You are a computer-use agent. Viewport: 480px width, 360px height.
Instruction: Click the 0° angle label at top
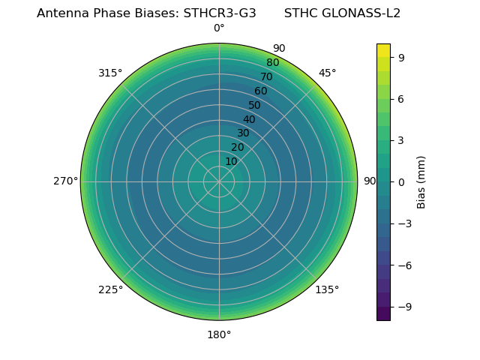(x=219, y=28)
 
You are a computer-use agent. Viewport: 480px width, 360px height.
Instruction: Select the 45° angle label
(x=327, y=73)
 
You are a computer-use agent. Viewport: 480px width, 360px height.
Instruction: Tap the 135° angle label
(x=327, y=289)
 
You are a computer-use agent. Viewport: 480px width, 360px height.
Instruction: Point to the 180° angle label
(x=219, y=334)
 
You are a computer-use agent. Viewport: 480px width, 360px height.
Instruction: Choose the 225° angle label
(x=110, y=289)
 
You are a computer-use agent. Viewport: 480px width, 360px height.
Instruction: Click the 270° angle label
(x=65, y=181)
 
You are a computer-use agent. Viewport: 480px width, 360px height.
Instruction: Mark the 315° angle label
(x=110, y=73)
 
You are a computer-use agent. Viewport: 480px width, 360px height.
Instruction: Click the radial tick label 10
(x=231, y=161)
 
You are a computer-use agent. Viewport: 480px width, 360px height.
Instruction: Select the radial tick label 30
(x=243, y=133)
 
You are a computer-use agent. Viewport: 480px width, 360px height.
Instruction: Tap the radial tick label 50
(x=255, y=106)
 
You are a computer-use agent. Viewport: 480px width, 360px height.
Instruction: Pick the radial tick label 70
(x=266, y=77)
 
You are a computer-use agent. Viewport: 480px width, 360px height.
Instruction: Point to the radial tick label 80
(x=272, y=63)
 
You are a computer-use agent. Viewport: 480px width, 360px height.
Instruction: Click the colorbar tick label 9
(x=402, y=57)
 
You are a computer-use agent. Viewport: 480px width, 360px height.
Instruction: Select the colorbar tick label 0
(x=402, y=181)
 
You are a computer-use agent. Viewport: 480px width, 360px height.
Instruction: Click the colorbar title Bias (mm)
(x=421, y=181)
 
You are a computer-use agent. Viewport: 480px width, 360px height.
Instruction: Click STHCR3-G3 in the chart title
(x=220, y=13)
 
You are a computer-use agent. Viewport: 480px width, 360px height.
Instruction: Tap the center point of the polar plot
(x=219, y=181)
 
